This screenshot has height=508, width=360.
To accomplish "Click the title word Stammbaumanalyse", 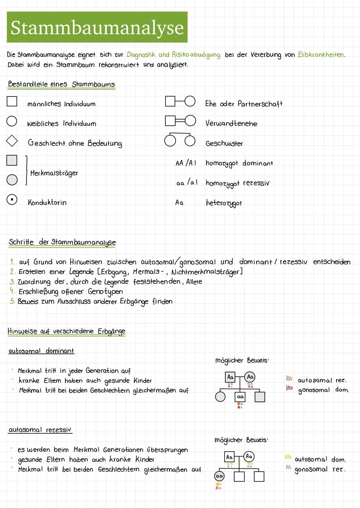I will (x=97, y=28).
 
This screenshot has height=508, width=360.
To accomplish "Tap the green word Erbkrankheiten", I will (x=321, y=55).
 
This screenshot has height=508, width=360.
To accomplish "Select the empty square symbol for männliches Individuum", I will (x=12, y=101).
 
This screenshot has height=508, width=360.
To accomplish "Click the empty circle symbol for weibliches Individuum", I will (x=12, y=121).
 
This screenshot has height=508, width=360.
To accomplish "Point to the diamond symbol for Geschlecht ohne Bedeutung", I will (x=12, y=141).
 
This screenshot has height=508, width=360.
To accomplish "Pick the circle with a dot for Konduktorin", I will (x=12, y=200).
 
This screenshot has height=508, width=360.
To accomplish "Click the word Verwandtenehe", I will (x=231, y=124).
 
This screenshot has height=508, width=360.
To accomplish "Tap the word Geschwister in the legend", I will (x=224, y=144).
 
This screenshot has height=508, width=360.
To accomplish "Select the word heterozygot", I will (x=224, y=203).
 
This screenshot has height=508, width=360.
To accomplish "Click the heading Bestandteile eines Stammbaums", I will (x=61, y=84).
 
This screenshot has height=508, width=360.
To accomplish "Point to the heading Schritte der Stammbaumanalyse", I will (x=62, y=242).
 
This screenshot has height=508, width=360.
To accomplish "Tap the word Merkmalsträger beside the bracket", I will (x=54, y=173).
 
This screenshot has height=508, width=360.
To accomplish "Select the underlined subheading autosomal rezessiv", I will (x=40, y=430).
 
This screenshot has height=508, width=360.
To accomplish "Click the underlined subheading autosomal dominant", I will (x=41, y=351).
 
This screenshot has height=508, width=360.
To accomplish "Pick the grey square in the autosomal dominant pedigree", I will (x=260, y=397).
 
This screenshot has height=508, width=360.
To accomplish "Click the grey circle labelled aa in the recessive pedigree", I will (x=219, y=476).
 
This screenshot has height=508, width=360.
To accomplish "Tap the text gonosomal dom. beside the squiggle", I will (x=323, y=390).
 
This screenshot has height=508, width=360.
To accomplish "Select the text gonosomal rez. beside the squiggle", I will (x=320, y=469).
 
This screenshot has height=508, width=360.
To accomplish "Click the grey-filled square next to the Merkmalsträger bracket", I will (x=12, y=160).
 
